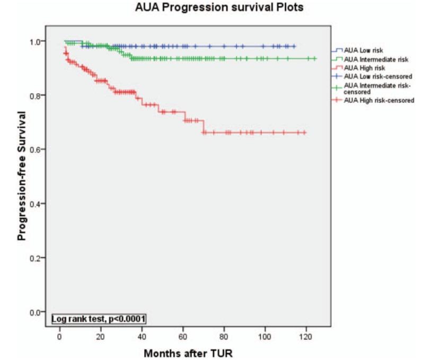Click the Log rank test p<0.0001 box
point(98,319)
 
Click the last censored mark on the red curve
point(305,132)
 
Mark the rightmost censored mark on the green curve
point(315,58)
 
